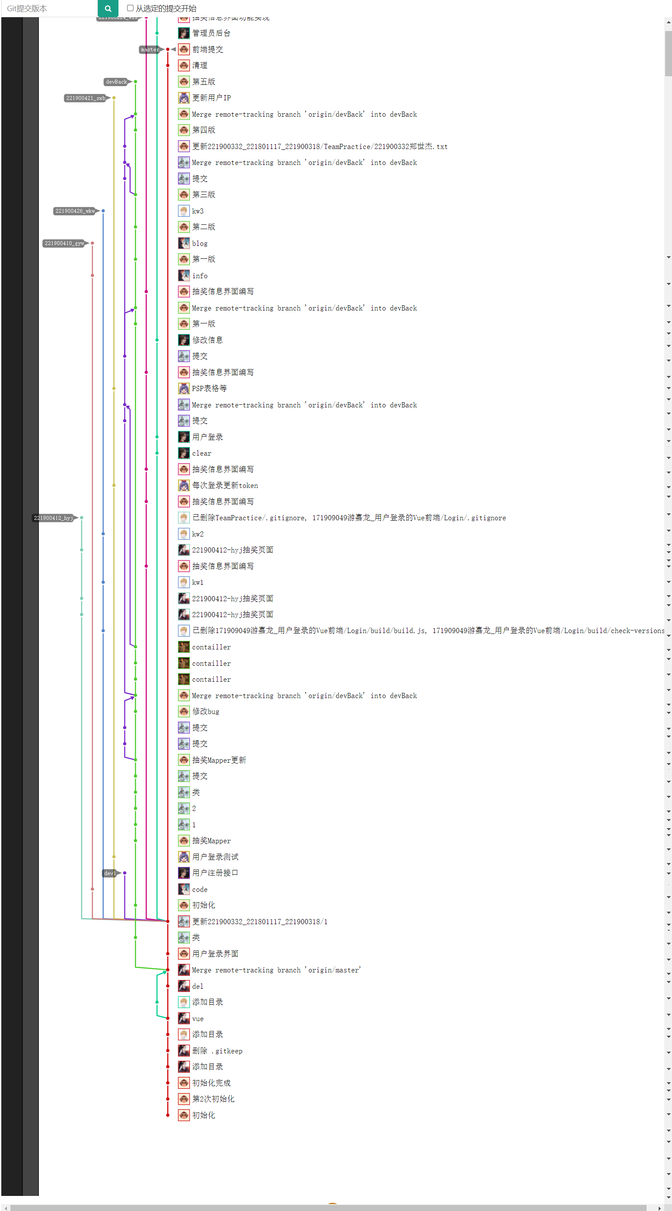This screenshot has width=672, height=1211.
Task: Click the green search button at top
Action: pos(108,9)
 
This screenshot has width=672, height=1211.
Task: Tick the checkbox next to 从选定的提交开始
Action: pos(130,8)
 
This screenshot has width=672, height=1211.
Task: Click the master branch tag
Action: pos(150,50)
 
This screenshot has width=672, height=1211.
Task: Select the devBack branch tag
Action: pos(116,82)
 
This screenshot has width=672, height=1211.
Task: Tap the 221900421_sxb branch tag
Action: pos(86,98)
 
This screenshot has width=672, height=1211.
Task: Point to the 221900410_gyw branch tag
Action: pos(64,243)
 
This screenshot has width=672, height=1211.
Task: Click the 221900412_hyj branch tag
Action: pos(53,518)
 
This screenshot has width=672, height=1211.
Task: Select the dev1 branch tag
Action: pos(109,873)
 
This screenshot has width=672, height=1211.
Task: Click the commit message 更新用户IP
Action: pos(211,98)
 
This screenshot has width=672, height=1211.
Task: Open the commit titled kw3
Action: pos(198,211)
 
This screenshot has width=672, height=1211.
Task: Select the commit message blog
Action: pos(199,243)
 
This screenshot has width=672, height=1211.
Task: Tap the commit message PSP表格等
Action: pos(209,388)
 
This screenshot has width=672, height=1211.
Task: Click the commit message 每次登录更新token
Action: pos(225,485)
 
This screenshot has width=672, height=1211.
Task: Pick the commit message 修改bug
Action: pos(205,711)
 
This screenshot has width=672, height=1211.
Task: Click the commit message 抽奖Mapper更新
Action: pos(219,760)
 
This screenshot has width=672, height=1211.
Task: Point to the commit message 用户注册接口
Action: pos(215,873)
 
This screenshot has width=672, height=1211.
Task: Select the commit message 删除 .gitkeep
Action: pos(217,1051)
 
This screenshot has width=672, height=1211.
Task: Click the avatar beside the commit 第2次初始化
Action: pos(184,1099)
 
